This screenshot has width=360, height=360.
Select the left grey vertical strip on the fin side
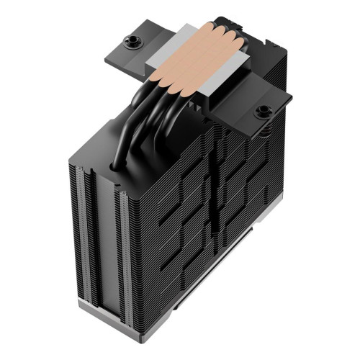pyautogui.click(x=80, y=238)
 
